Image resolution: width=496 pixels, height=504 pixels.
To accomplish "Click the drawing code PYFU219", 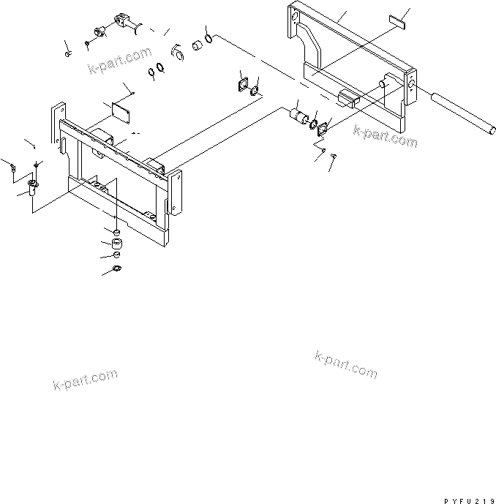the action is coord(470,501).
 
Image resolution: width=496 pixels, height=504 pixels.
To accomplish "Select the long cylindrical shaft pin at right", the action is coord(462,114).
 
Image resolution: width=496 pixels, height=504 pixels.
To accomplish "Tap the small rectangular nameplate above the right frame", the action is coord(397,22).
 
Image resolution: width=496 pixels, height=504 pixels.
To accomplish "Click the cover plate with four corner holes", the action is coord(121,113).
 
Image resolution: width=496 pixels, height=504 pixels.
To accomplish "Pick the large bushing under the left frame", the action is coord(117,244).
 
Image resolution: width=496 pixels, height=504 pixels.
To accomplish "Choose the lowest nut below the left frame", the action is coord(117,268).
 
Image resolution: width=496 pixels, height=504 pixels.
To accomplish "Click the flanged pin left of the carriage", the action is coord(32,187).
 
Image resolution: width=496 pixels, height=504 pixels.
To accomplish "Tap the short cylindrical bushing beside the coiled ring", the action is coord(197,45).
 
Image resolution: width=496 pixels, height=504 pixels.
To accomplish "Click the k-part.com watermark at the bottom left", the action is coord(85,380).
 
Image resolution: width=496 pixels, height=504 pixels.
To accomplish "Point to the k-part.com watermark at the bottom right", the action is coord(346,365).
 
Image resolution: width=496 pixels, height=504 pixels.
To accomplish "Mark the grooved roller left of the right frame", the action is coord(298,116).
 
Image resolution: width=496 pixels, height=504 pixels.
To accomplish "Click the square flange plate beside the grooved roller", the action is coord(322,129).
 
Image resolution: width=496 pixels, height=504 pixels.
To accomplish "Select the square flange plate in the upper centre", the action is coord(244,85).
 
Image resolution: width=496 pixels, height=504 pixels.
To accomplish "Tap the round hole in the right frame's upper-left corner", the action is coord(293,16).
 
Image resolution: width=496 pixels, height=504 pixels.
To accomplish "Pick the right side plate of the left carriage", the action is coord(174,192).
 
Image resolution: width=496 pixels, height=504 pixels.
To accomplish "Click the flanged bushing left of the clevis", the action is coord(99,31).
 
